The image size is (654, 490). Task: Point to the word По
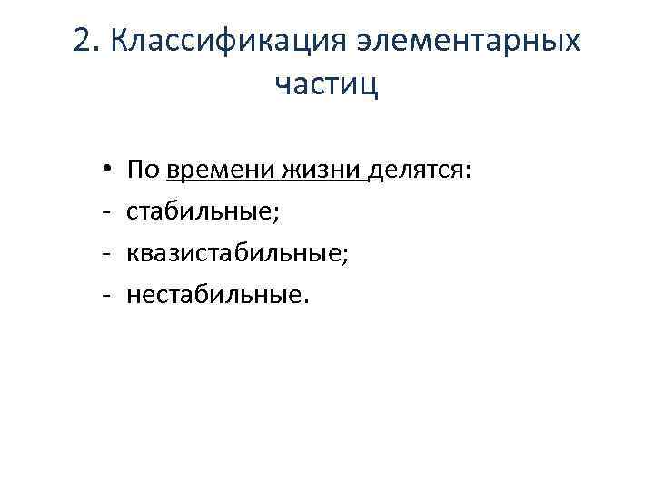pyautogui.click(x=144, y=169)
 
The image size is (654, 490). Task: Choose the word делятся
pyautogui.click(x=417, y=170)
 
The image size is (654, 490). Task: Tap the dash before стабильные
pyautogui.click(x=106, y=211)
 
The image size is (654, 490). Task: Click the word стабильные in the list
pyautogui.click(x=200, y=211)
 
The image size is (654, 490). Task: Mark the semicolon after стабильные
pyautogui.click(x=277, y=214)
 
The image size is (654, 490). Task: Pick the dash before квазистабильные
pyautogui.click(x=106, y=253)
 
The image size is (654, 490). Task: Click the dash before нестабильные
pyautogui.click(x=106, y=295)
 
